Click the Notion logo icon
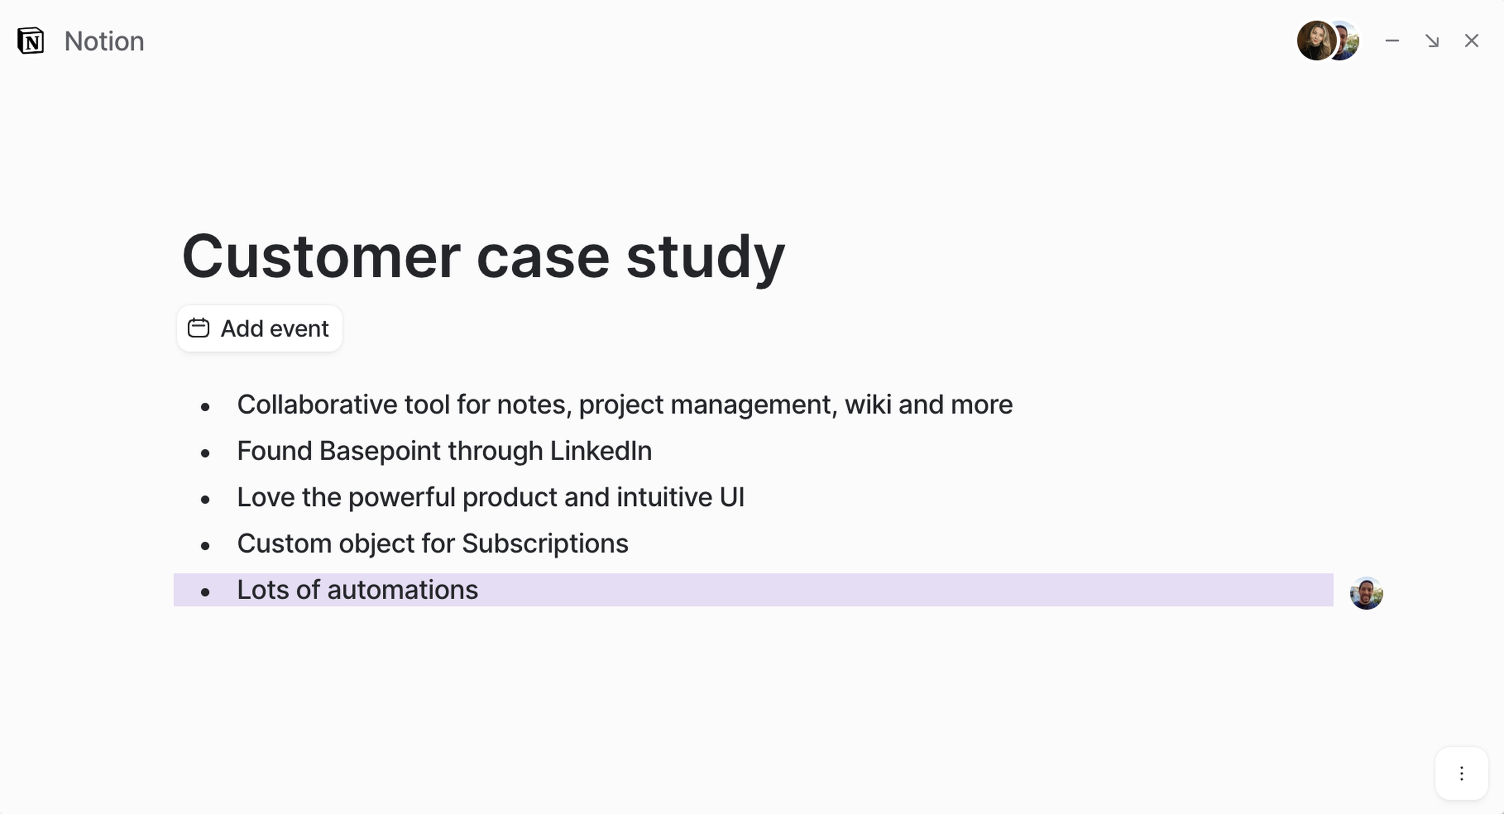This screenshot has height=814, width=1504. click(31, 41)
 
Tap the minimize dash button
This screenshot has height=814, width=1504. click(1392, 41)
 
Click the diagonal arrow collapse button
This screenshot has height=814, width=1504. click(1432, 41)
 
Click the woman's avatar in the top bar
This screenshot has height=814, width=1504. click(1316, 41)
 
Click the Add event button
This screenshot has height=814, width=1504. click(259, 328)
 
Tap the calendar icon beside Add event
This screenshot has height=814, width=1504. click(198, 328)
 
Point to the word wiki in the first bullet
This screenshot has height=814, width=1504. click(868, 405)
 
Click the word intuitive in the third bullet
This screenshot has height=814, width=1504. click(664, 497)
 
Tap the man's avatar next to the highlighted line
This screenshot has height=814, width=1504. click(1366, 593)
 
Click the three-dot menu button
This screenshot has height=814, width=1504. click(1461, 774)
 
